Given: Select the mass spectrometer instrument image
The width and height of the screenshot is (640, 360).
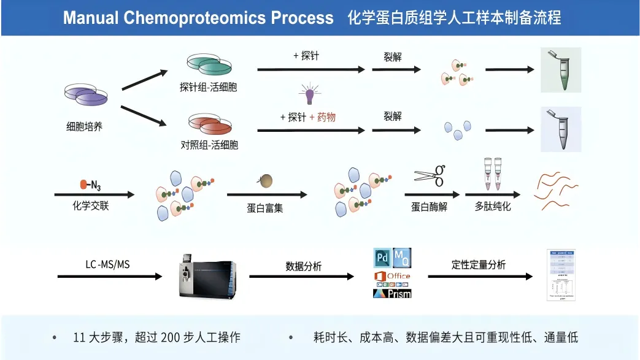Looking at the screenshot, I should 206,276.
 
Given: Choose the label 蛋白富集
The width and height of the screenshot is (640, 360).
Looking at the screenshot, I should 265,207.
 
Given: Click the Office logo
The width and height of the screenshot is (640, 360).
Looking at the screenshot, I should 392,276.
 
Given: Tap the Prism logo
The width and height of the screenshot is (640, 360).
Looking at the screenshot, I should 392,293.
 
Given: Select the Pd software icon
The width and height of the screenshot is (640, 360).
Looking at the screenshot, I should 382,256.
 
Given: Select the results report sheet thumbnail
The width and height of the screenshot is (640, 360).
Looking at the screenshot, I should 563,274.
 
